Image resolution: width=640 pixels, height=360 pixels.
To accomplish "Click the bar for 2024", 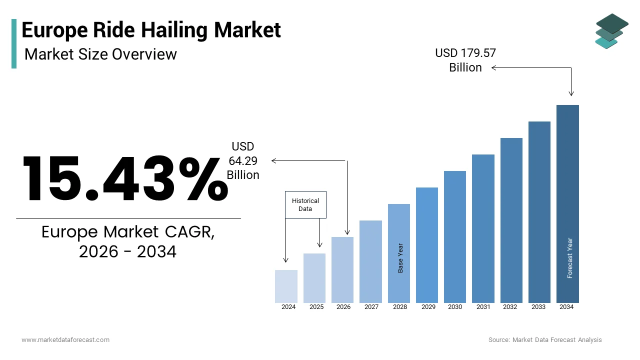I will [x=286, y=286].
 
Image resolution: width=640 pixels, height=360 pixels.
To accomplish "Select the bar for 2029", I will [x=426, y=245].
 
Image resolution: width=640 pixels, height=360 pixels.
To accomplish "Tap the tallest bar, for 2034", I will [x=567, y=203].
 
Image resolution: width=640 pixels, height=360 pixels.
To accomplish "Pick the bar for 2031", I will [x=483, y=228].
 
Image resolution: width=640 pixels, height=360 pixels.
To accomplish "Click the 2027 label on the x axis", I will [x=371, y=307].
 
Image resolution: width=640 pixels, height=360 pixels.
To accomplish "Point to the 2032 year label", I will [x=510, y=307].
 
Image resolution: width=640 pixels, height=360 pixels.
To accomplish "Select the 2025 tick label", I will [x=316, y=307].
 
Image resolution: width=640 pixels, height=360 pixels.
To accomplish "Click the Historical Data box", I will [x=305, y=204].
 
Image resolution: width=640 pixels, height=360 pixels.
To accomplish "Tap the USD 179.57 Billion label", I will [x=465, y=60].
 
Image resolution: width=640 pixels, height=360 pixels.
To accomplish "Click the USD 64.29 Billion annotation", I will [x=243, y=160].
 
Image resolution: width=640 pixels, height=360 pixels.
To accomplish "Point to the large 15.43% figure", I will [x=124, y=178].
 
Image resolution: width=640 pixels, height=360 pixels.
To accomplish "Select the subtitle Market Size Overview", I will [x=100, y=54].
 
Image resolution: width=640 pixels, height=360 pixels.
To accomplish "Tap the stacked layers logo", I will [x=611, y=31].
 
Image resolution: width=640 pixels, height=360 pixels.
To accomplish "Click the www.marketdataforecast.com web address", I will [x=65, y=340].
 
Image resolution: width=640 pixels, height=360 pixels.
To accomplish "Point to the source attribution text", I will [x=545, y=340].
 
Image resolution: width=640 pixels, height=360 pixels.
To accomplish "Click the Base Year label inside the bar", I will [x=400, y=258].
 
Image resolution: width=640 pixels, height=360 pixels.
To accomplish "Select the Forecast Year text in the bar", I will [x=569, y=258].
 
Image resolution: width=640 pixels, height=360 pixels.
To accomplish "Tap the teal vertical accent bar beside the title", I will [x=14, y=43].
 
